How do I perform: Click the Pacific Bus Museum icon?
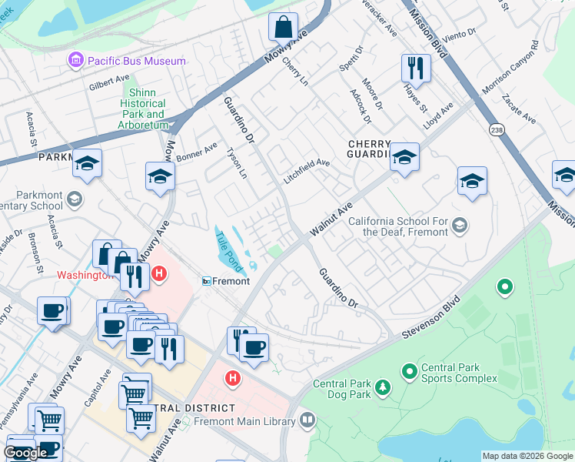(x=75, y=60)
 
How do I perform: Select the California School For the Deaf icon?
(x=460, y=225)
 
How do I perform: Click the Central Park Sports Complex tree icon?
(x=408, y=373)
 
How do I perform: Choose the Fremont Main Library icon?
(x=307, y=420)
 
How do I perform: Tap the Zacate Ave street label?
(x=518, y=109)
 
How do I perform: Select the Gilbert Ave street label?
(x=108, y=80)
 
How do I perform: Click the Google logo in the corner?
(x=25, y=453)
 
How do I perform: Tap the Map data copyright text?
(x=527, y=456)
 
